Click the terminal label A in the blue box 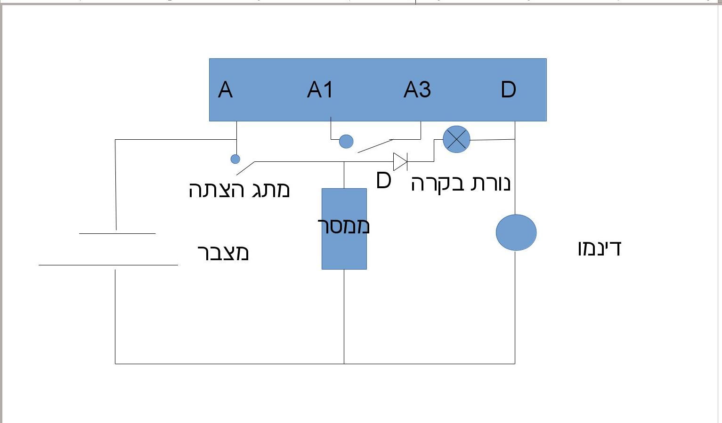[225, 90]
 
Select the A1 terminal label [320, 90]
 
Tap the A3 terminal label [417, 90]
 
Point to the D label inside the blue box [508, 90]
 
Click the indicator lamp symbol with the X [456, 139]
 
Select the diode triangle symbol [400, 161]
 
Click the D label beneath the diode [383, 181]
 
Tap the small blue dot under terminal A [235, 159]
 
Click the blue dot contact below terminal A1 [346, 141]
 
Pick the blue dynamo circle [516, 232]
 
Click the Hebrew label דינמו [600, 248]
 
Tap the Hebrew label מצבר [223, 253]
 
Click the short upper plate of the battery [117, 233]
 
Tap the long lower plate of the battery [108, 265]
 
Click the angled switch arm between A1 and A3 [375, 146]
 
